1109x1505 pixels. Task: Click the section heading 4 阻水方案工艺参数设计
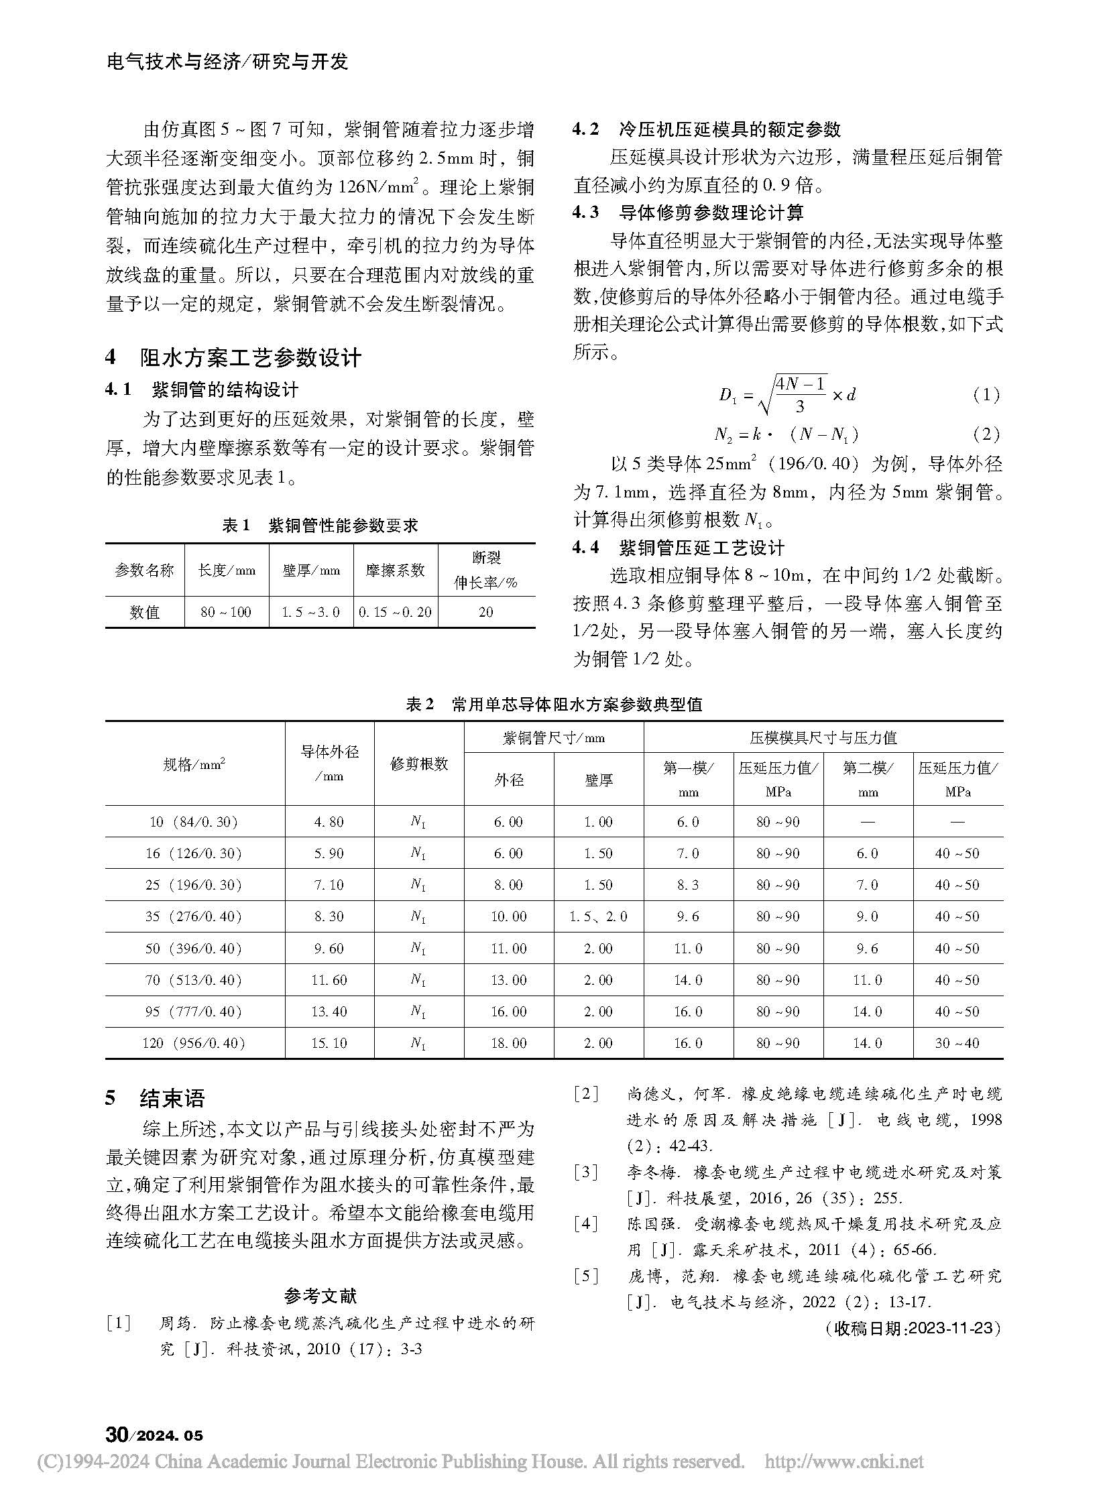(233, 358)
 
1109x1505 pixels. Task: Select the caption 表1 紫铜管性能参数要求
(320, 526)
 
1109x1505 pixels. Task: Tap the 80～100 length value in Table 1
(225, 612)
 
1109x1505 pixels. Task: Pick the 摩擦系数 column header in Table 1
(396, 570)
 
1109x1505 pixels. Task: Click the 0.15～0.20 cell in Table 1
(396, 612)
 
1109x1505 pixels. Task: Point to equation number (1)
(986, 395)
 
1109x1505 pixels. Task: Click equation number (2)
(986, 434)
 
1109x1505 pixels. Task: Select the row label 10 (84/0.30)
(194, 822)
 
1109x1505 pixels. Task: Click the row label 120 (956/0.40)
(194, 1043)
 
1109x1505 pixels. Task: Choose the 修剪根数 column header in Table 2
(419, 764)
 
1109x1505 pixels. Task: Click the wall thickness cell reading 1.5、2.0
(598, 916)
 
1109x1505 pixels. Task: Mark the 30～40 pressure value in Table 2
(957, 1043)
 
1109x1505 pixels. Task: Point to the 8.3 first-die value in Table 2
(688, 885)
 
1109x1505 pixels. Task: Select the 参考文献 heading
(320, 1296)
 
